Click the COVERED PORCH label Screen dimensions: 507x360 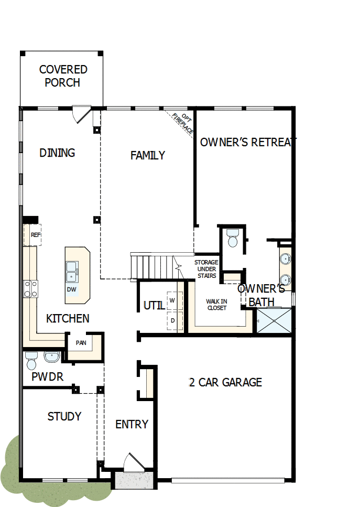pyautogui.click(x=63, y=76)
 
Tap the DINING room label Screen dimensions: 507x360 pyautogui.click(x=57, y=153)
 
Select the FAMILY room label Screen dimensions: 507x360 pyautogui.click(x=148, y=155)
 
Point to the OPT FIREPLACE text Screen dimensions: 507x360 pyautogui.click(x=182, y=123)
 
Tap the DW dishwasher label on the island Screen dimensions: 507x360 pyautogui.click(x=71, y=289)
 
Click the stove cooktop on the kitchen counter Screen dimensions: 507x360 pyautogui.click(x=30, y=289)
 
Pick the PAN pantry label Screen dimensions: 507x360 pyautogui.click(x=81, y=343)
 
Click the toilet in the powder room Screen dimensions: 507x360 pyautogui.click(x=31, y=361)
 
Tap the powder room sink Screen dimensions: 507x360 pyautogui.click(x=52, y=357)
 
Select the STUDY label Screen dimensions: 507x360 pyautogui.click(x=64, y=416)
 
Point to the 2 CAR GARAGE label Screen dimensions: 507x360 pyautogui.click(x=225, y=382)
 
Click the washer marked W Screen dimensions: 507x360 pyautogui.click(x=172, y=300)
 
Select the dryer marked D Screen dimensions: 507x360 pyautogui.click(x=172, y=320)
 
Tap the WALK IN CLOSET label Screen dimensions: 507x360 pyautogui.click(x=216, y=305)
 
